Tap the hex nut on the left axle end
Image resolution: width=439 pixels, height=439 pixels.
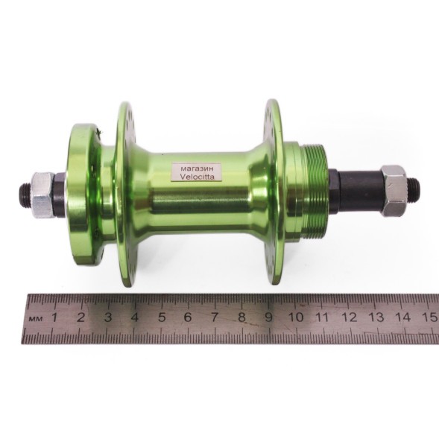pyautogui.click(x=42, y=194)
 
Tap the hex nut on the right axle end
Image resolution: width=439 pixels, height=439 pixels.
pyautogui.click(x=393, y=190)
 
